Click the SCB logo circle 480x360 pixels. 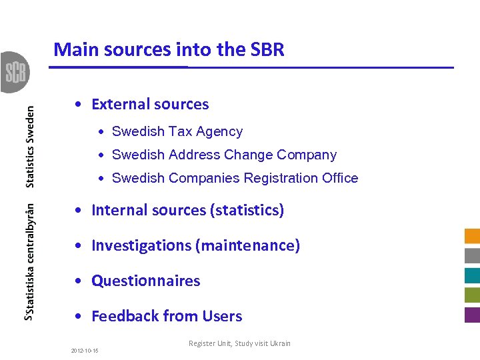coord(15,72)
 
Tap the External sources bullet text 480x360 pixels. coord(149,104)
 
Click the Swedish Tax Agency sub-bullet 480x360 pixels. coord(177,132)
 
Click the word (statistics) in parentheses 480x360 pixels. coord(247,210)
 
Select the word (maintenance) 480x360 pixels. coord(247,245)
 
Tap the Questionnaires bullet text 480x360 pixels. coord(145,281)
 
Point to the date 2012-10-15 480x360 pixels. coord(85,350)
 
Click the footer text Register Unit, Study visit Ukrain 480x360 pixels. coord(239,343)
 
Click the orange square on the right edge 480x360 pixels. coord(472,236)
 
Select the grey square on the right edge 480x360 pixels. coord(472,255)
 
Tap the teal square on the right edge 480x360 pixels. coord(472,275)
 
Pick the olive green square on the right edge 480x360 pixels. coord(472,295)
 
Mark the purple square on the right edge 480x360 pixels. coord(472,315)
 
